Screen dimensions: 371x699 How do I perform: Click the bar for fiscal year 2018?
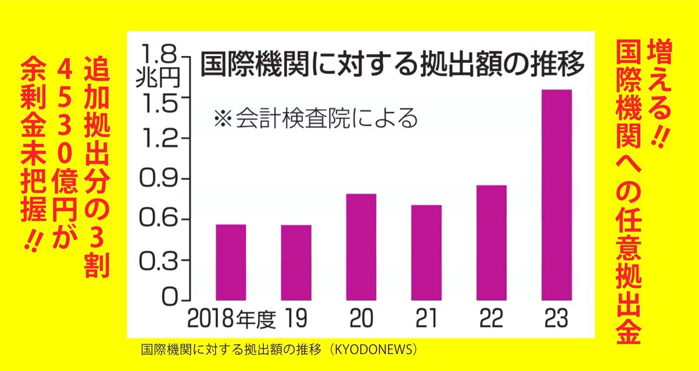pos(231,261)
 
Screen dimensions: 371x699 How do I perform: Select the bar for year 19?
pos(296,262)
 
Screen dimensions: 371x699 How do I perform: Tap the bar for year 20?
pos(361,246)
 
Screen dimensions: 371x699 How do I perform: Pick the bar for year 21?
pos(426,252)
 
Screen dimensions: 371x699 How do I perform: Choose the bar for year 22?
pos(492,242)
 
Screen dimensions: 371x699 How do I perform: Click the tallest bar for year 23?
pos(556,194)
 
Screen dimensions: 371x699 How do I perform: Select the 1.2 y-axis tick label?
pos(158,139)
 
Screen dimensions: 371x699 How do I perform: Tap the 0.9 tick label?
pos(158,179)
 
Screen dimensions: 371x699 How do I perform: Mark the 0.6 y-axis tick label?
pos(158,219)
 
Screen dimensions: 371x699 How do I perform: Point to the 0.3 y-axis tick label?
pos(158,260)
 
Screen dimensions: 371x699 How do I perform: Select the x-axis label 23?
pos(556,320)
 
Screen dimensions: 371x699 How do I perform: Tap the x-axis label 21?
pos(426,320)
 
